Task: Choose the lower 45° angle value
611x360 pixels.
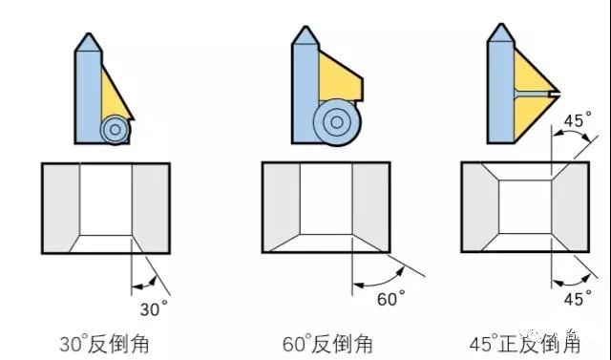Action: point(574,299)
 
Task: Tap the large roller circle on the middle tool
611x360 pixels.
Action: point(334,122)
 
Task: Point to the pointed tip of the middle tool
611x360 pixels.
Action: point(305,31)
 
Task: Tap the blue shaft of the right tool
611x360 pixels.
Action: point(499,86)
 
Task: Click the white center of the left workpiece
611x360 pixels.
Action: point(105,199)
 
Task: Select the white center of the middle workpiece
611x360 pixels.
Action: point(327,198)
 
